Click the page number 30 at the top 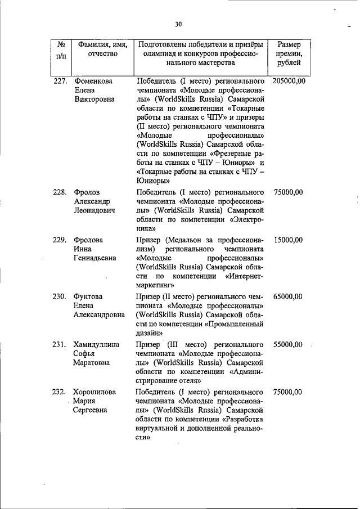pyautogui.click(x=178, y=24)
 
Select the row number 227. pyautogui.click(x=61, y=81)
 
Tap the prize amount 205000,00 pyautogui.click(x=289, y=81)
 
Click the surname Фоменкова pyautogui.click(x=94, y=81)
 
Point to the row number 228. pyautogui.click(x=61, y=192)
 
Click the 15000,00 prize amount pyautogui.click(x=289, y=240)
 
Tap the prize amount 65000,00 pyautogui.click(x=289, y=296)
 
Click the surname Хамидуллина pyautogui.click(x=97, y=344)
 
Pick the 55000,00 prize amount pyautogui.click(x=289, y=344)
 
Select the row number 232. pyautogui.click(x=61, y=392)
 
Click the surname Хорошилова pyautogui.click(x=96, y=392)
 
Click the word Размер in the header pyautogui.click(x=289, y=44)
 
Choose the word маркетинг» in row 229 pyautogui.click(x=156, y=285)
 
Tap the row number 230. pyautogui.click(x=61, y=296)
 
